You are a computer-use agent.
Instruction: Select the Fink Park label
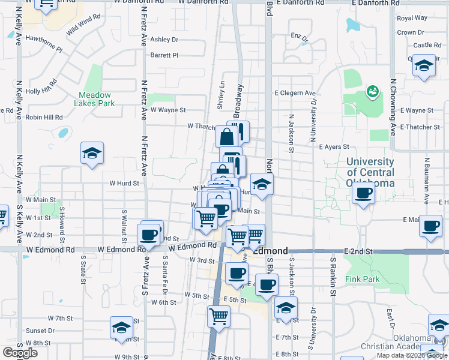point(363,280)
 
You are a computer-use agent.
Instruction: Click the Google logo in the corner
point(20,353)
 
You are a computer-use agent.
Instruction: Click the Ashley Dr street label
point(164,40)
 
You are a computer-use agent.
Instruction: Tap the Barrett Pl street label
point(164,55)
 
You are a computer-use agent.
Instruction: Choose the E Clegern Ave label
point(295,93)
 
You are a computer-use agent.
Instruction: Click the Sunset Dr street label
point(40,331)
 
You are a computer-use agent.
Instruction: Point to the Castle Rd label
point(427,45)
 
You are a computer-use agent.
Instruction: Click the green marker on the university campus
point(372,91)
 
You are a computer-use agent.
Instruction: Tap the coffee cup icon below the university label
point(363,194)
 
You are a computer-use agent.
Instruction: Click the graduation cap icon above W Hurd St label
point(92,154)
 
